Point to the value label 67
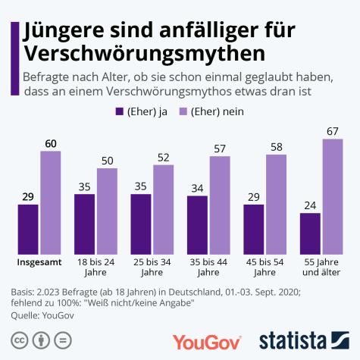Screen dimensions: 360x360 (333, 132)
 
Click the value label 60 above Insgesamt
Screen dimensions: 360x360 (51, 143)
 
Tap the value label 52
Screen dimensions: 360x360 (164, 158)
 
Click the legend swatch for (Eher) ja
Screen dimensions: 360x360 (119, 112)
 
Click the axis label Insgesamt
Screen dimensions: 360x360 (39, 263)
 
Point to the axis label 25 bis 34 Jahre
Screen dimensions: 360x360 (152, 268)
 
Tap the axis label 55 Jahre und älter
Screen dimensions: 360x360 (322, 268)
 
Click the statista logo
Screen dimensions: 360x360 (307, 339)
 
